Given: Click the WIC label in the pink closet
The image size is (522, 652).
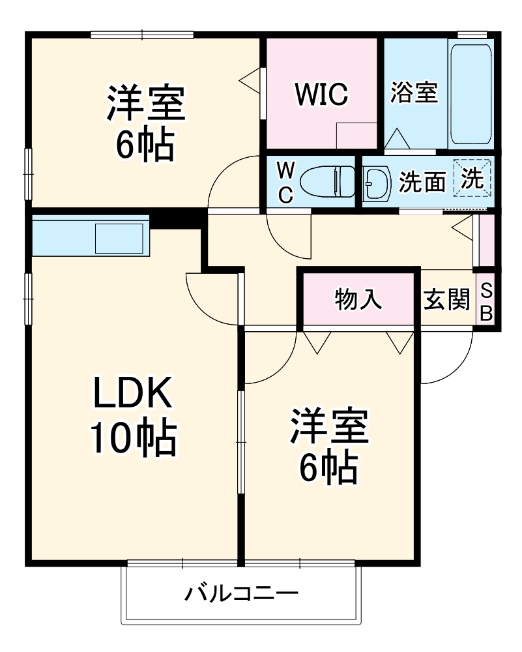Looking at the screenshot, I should click(x=322, y=95).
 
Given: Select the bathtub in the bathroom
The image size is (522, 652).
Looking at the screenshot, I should click(x=470, y=96).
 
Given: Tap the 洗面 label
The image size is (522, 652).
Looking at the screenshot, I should click(x=422, y=183).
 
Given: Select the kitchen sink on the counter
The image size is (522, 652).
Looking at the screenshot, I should click(x=119, y=238).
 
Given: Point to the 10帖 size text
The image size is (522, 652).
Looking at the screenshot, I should click(x=132, y=438).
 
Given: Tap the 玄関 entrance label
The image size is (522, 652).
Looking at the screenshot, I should click(x=446, y=300).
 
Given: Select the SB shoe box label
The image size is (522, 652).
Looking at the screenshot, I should click(x=486, y=301).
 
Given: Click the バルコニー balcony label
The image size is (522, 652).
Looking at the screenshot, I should click(x=241, y=594).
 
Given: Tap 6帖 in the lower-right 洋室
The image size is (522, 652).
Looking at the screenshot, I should click(x=328, y=467).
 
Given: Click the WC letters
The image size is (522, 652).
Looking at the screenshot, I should click(x=285, y=182).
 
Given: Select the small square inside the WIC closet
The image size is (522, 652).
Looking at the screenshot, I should click(x=356, y=136).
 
